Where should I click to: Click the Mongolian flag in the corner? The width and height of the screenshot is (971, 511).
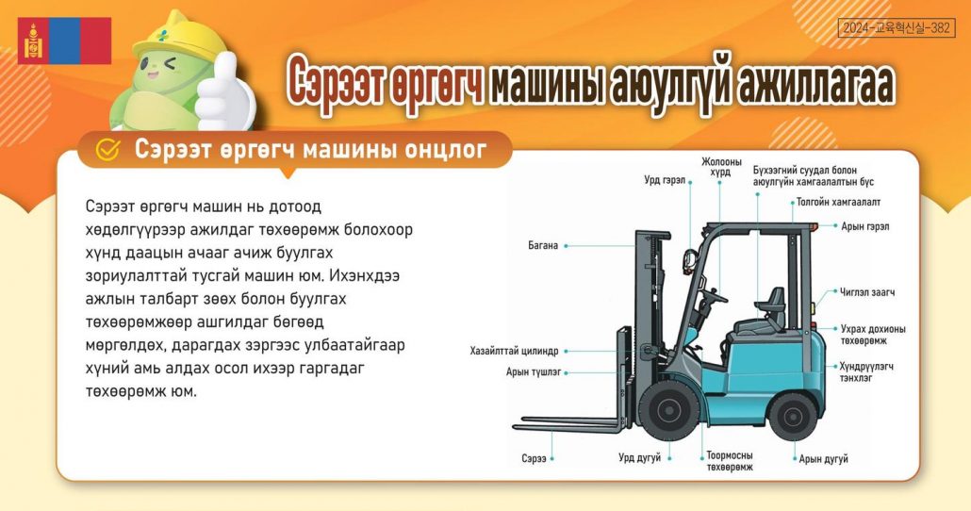click(64, 41)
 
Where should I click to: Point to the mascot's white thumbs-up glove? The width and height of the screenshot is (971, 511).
click(224, 94)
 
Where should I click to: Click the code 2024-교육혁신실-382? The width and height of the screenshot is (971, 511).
click(897, 27)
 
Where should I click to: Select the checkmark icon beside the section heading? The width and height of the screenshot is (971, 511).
click(107, 149)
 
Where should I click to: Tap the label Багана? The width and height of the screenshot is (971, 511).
click(543, 245)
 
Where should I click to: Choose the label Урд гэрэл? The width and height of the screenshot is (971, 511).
click(665, 180)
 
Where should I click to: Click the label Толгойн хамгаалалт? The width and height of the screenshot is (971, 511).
click(838, 202)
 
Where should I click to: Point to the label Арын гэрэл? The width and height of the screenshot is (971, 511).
click(864, 226)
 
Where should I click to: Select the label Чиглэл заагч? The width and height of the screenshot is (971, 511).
click(867, 291)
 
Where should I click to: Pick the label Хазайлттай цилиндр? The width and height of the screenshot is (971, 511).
click(514, 352)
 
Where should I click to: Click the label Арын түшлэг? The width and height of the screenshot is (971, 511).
click(534, 372)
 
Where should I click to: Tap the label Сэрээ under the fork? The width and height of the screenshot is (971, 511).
click(534, 459)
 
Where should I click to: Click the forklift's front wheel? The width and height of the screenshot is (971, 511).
click(668, 411)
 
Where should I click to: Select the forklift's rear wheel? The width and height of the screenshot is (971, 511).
click(793, 416)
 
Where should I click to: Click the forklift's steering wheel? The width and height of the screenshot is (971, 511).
click(715, 296)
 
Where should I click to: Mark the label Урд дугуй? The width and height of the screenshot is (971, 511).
click(640, 458)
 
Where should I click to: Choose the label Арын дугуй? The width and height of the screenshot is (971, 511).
click(823, 459)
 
